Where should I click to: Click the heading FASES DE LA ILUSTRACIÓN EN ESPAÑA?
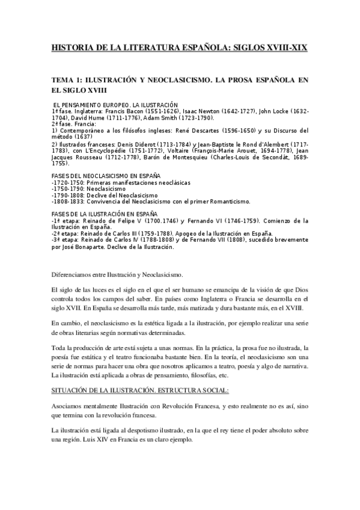pyautogui.click(x=104, y=214)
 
